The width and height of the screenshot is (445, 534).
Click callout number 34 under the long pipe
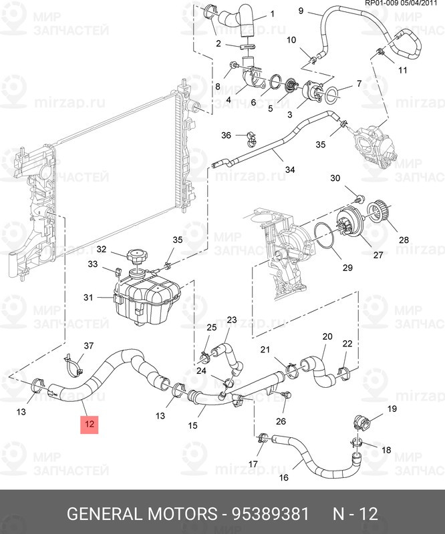coord(289,170)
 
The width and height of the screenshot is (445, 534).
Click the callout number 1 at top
coord(253,14)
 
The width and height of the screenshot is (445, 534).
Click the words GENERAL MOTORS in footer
coord(142,514)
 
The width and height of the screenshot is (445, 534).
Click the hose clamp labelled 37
coord(73,364)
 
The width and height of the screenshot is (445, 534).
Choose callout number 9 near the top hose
coord(300,11)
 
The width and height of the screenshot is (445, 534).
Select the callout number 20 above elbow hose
coord(327,336)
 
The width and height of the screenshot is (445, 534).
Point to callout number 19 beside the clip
coord(392,409)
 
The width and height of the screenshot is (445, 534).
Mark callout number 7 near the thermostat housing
coord(358,84)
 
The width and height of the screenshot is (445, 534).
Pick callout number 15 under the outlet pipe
coord(192,425)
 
